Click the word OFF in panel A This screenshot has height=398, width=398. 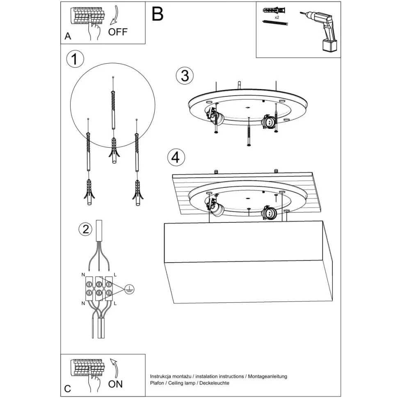[118, 32]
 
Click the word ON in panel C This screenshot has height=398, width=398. [115, 384]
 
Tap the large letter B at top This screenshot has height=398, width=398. [157, 14]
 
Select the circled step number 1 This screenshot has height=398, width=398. [75, 59]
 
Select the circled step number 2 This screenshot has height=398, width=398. [85, 229]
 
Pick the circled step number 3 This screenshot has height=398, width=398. [185, 75]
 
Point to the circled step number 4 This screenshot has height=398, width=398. [176, 157]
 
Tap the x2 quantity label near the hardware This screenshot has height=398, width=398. [277, 18]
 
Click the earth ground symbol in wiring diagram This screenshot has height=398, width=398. [130, 289]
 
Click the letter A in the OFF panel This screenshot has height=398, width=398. [68, 37]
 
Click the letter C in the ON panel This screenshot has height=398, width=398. [68, 389]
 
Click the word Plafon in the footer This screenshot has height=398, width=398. [158, 383]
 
